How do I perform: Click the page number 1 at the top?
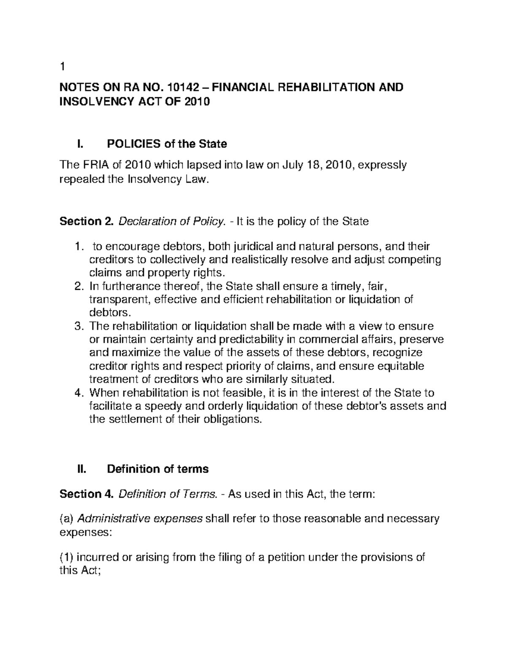tap(62, 67)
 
